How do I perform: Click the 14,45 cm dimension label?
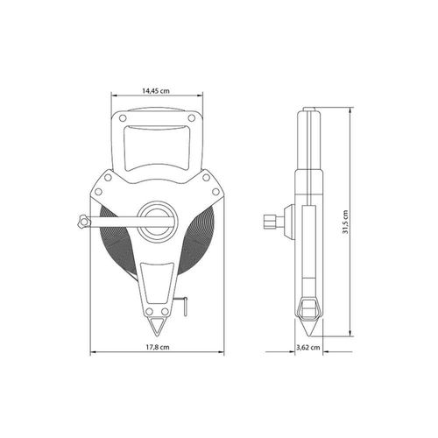156,90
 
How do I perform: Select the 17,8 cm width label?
158,347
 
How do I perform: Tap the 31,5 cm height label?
345,222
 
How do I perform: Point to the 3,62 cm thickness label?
308,348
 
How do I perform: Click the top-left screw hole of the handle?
123,118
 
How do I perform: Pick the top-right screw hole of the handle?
192,118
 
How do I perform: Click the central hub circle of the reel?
158,221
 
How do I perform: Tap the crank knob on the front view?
82,221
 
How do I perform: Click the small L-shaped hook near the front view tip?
185,307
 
